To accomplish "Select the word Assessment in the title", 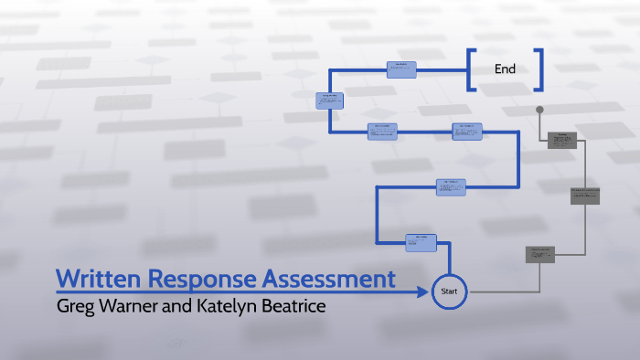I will [x=330, y=279].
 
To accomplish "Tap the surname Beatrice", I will [x=294, y=305].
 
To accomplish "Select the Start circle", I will [x=449, y=291].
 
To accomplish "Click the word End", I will [x=505, y=69].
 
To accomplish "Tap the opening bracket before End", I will [x=471, y=69].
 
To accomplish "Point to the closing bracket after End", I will [x=539, y=69].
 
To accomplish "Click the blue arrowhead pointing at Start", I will [x=423, y=292].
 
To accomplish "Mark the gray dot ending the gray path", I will [x=539, y=110].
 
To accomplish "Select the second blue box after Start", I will [x=452, y=186].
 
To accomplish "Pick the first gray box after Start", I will [x=540, y=255].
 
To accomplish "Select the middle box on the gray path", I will [x=585, y=195].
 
